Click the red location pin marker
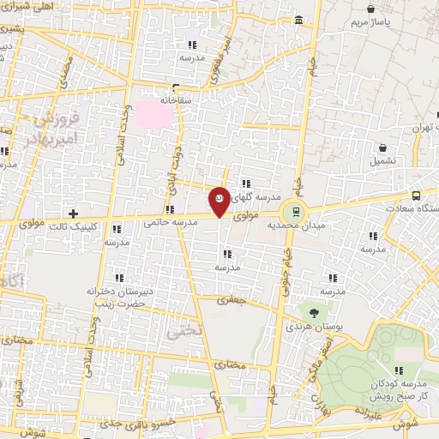click(x=219, y=201)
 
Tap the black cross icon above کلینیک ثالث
click(x=73, y=213)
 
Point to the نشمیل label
click(x=383, y=160)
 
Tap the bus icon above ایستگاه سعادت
click(x=416, y=195)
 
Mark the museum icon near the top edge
click(x=298, y=20)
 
